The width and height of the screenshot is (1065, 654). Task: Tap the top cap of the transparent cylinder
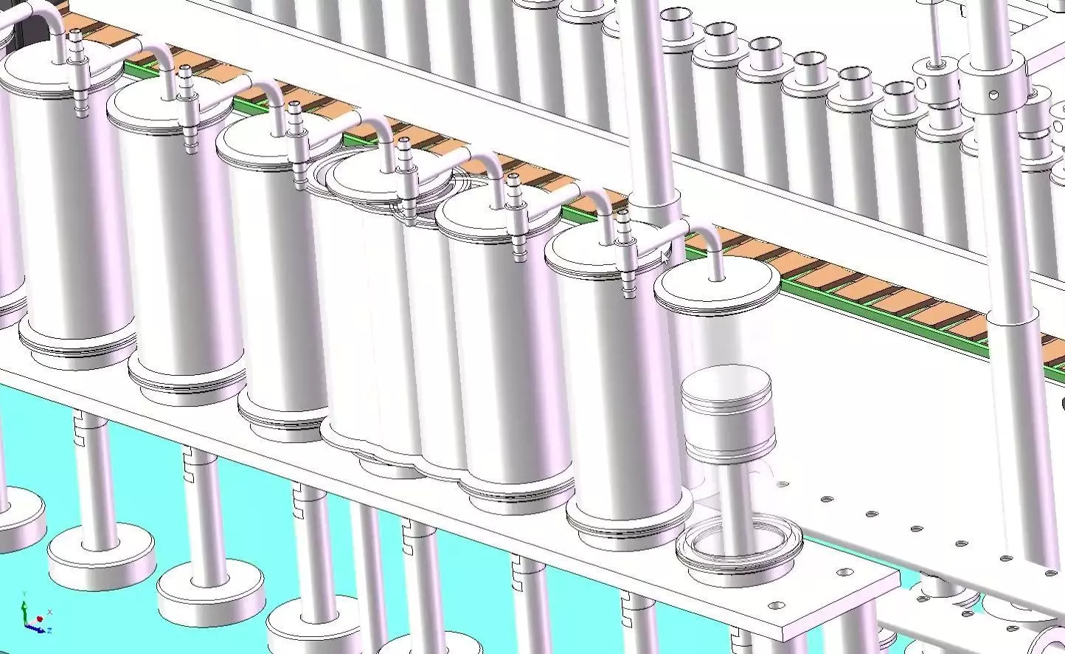[716, 289]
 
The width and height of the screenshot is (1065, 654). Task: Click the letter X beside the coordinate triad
[49, 612]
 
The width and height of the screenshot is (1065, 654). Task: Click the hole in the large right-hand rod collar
[994, 94]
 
